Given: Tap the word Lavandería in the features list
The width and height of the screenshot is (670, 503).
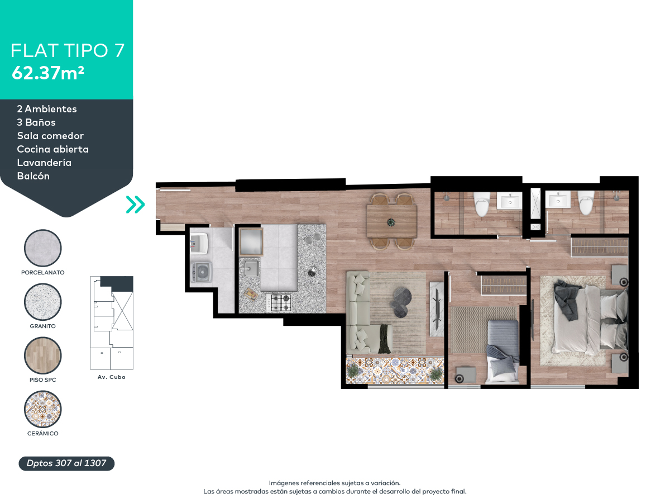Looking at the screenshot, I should click(44, 163).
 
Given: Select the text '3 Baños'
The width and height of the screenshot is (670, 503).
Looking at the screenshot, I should click(36, 122).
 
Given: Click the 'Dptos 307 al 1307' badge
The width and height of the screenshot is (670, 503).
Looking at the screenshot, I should click(66, 463).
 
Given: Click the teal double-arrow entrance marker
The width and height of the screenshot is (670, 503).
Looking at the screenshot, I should click(135, 205).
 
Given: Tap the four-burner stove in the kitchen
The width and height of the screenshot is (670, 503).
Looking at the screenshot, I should click(281, 302).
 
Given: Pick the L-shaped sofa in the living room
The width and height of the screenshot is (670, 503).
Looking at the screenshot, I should click(363, 313).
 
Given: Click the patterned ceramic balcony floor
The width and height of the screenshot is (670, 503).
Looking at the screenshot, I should click(395, 370).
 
